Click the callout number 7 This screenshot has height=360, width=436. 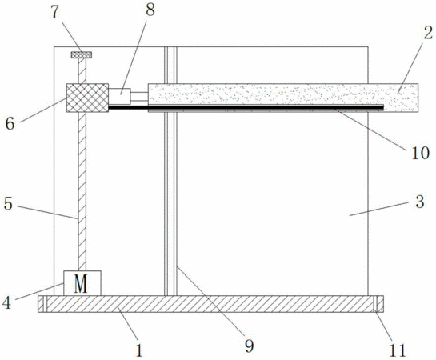point(54,13)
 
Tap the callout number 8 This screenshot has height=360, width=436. point(150,10)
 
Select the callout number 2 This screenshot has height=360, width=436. point(428,33)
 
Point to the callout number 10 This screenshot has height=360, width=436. point(420,153)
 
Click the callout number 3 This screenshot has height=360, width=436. point(420,202)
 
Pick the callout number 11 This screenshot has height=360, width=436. point(397,350)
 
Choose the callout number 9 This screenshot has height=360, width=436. point(249,346)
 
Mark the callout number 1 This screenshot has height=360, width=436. point(139,350)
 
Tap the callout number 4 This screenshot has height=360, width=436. point(6,302)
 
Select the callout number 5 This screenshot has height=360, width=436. point(8,204)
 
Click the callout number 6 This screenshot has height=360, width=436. point(10,124)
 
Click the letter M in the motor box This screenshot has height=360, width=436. point(81,284)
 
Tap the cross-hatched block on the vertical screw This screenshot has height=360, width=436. point(87,98)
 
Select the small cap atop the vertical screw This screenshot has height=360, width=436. point(82,54)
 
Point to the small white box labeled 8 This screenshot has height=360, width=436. point(119,96)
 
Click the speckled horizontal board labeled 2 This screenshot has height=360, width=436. point(283,94)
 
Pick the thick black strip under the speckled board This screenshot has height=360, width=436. point(246,107)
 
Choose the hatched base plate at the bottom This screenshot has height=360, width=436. point(210,304)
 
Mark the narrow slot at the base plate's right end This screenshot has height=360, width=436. point(375,304)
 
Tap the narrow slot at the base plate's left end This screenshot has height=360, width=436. point(46,304)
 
